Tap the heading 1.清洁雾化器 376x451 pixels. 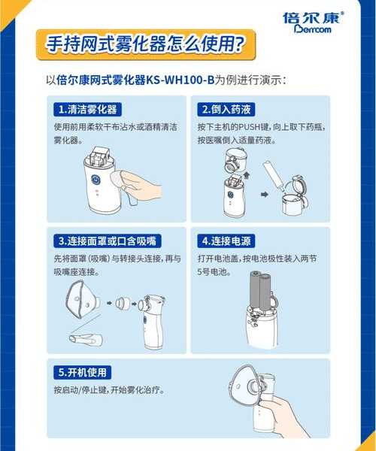tap(89, 110)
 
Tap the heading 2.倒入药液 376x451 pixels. tap(226, 110)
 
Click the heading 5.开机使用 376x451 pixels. tap(83, 372)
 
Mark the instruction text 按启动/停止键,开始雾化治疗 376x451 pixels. tap(108, 391)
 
